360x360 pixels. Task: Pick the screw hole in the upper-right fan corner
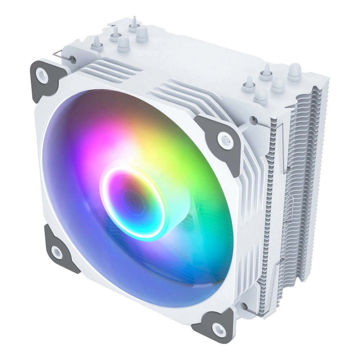225,140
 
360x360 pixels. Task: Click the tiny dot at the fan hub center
134,202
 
